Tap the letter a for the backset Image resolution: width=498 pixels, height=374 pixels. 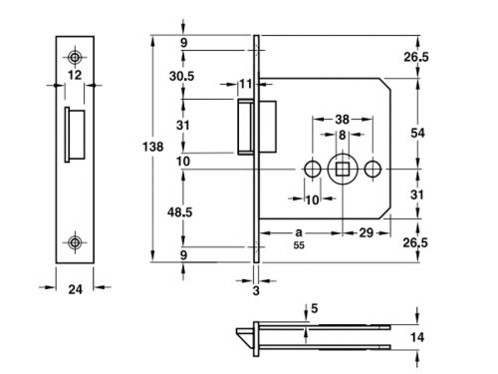tap(298, 229)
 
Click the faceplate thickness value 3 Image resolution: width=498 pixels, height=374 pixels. tap(255, 290)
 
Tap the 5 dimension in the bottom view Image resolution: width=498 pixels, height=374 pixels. tap(315, 308)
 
